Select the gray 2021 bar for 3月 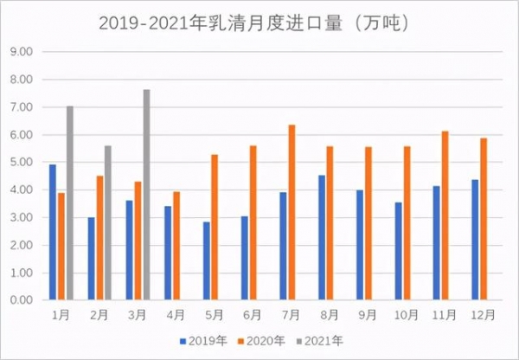coord(147,195)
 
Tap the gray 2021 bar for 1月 coord(69,203)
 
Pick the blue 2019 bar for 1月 coord(53,232)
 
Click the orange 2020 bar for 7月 coord(292,213)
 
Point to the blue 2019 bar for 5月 coord(206,260)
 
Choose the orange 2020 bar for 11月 coord(446,215)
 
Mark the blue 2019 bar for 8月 coord(322,238)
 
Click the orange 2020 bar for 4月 coord(176,246)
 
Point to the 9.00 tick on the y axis coord(22,52)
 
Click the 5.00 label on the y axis coord(22,162)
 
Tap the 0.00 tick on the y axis coord(22,300)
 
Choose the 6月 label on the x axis coord(254,313)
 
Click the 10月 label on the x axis coord(407,313)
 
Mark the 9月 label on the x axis coord(369,313)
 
